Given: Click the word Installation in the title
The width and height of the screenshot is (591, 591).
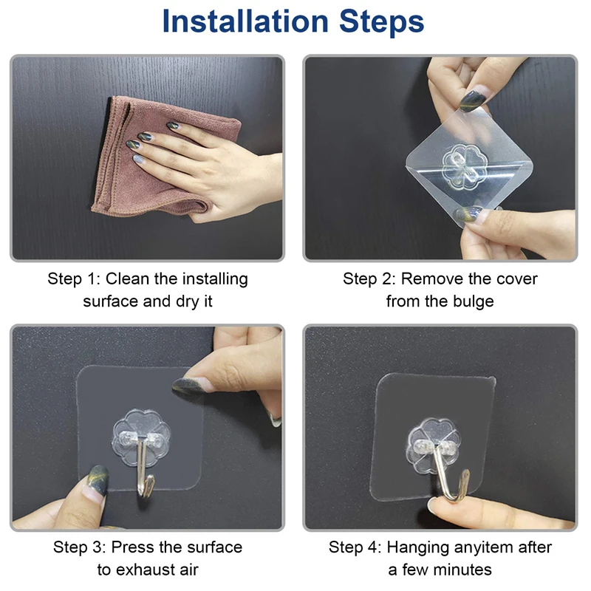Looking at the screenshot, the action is [245, 21].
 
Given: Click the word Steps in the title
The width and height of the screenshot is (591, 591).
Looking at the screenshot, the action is [381, 21].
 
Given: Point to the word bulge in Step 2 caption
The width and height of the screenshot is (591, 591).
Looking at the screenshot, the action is [473, 302].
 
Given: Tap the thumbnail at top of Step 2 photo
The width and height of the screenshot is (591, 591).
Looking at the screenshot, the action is [472, 99].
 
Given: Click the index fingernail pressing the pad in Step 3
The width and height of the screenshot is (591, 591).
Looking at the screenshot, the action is [188, 386].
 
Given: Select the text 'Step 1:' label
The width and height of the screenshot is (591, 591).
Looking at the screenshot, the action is [74, 279].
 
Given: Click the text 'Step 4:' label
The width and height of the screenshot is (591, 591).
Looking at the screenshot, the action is [355, 547].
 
